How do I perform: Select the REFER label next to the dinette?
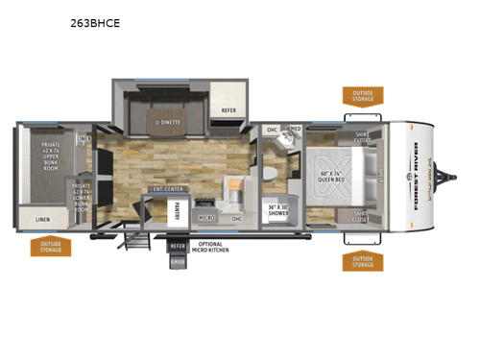(228, 110)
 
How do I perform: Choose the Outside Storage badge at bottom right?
(363, 262)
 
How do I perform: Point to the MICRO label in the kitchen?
(205, 218)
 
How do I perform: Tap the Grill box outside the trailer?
(178, 260)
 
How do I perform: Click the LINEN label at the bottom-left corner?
(44, 220)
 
